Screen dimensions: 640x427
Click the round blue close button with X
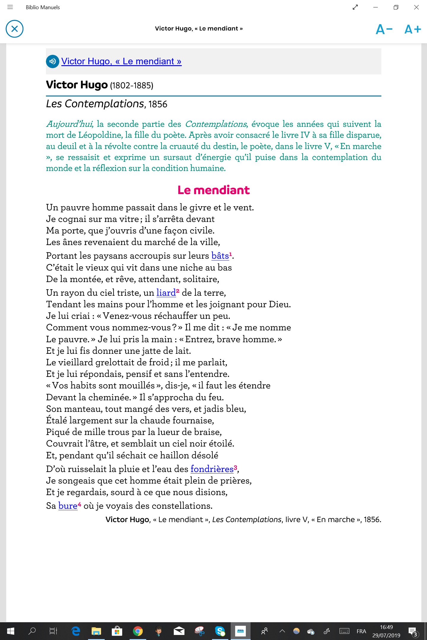15,29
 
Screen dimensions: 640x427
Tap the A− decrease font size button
384,29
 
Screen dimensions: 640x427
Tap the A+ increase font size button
413,29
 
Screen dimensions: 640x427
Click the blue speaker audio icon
52,61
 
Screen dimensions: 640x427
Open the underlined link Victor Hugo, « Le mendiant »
121,61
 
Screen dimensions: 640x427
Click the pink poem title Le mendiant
213,190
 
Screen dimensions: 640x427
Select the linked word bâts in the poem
220,256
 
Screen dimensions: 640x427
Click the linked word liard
166,293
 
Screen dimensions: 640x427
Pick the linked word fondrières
212,469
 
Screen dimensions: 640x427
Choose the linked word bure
68,506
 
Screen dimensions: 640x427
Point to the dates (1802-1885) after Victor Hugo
132,86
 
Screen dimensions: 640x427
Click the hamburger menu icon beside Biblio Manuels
10,7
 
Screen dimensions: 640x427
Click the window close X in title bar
416,7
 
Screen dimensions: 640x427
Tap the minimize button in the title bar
376,7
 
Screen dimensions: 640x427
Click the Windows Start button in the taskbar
10,631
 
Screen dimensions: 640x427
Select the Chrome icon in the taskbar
138,631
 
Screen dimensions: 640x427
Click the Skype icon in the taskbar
220,631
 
